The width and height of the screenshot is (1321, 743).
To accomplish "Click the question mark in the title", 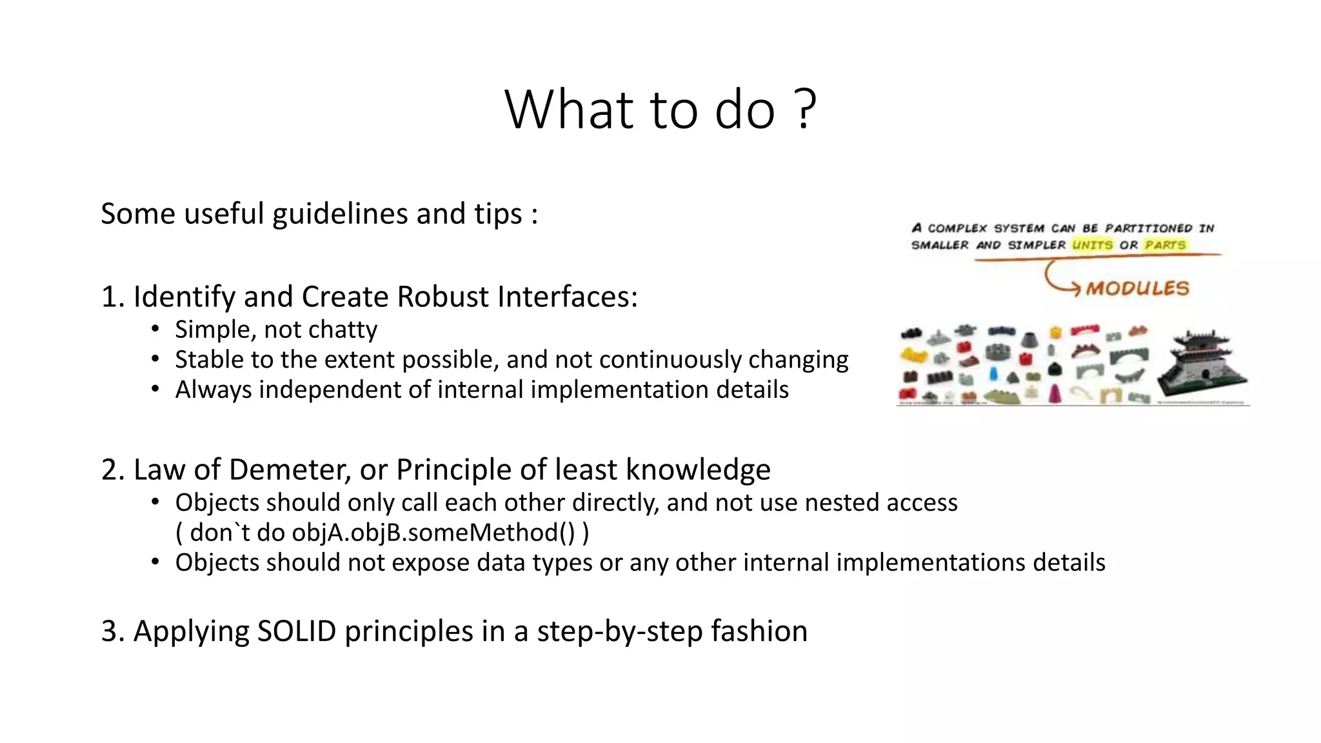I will pyautogui.click(x=805, y=110).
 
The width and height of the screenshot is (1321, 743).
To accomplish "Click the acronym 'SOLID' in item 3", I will pyautogui.click(x=296, y=631).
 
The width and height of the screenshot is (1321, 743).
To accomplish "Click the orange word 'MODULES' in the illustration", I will pyautogui.click(x=1137, y=288).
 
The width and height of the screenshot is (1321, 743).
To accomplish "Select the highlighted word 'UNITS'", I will pyautogui.click(x=1092, y=245).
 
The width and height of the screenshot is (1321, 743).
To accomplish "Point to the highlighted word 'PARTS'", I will pyautogui.click(x=1165, y=245).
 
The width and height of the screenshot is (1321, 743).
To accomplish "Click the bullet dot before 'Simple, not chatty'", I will pyautogui.click(x=155, y=329).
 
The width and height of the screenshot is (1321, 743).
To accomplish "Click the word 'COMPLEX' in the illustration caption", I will pyautogui.click(x=957, y=228).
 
